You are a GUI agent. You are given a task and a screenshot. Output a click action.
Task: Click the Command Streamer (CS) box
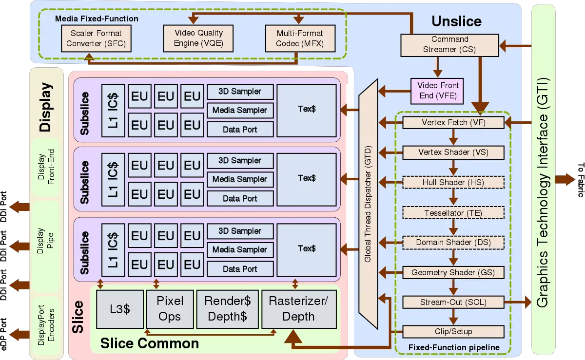pyautogui.click(x=449, y=44)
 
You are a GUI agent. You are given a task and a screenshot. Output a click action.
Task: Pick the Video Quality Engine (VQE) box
pyautogui.click(x=198, y=38)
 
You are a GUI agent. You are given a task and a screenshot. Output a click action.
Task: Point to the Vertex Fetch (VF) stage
pyautogui.click(x=453, y=123)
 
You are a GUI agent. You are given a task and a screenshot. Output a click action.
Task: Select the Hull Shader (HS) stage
pyautogui.click(x=453, y=183)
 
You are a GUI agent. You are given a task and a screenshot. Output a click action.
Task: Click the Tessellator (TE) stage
pyautogui.click(x=453, y=213)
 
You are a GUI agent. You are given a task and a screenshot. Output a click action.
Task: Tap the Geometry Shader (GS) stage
pyautogui.click(x=453, y=272)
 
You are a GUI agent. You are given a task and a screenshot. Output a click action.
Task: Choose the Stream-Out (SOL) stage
pyautogui.click(x=453, y=302)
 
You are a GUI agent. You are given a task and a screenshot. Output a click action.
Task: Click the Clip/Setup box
pyautogui.click(x=453, y=332)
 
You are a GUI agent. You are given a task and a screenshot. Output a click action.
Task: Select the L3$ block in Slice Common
pyautogui.click(x=120, y=309)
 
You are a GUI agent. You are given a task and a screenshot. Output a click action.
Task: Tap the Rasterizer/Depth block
pyautogui.click(x=298, y=309)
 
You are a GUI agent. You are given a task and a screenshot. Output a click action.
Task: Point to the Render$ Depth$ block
pyautogui.click(x=227, y=309)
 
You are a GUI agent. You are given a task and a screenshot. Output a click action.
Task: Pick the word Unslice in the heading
pyautogui.click(x=456, y=21)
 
